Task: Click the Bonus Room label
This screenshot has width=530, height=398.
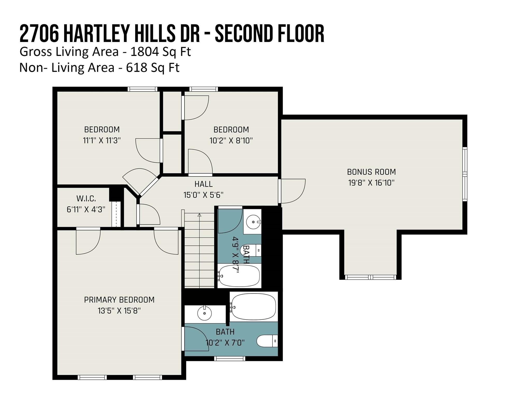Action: coord(371,172)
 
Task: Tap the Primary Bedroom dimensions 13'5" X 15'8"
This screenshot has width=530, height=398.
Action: coord(119,310)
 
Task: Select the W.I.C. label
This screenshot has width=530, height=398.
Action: coord(86,199)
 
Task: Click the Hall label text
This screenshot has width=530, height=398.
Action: coord(204,184)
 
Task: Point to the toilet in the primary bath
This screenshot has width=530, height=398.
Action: coord(267,341)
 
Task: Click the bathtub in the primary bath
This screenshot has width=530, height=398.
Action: coord(254,307)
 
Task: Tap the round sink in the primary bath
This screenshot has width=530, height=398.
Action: coord(205,313)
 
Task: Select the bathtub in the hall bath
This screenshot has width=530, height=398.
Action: coord(239,276)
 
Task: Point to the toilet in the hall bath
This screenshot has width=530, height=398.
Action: coord(251,250)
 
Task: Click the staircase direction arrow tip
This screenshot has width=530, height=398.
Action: coord(199,214)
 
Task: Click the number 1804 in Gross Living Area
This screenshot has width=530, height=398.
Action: coord(145,52)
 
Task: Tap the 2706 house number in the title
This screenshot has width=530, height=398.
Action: coord(39,33)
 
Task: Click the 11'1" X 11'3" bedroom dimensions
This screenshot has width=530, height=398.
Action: coord(102,140)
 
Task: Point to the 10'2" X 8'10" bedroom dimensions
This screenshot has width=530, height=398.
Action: coord(231,140)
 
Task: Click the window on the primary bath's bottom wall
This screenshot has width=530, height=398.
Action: coord(230,359)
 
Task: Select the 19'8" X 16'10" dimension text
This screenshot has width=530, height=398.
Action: coord(371,183)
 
